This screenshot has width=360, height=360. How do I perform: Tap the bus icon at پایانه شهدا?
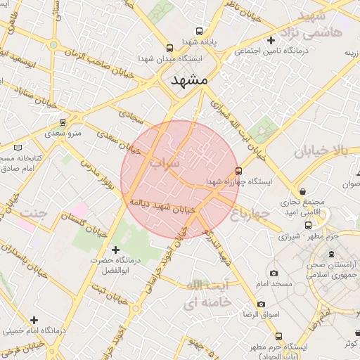(x=199, y=32)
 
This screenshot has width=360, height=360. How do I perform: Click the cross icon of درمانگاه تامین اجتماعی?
(x=271, y=41)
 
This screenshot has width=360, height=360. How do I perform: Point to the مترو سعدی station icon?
(x=63, y=122)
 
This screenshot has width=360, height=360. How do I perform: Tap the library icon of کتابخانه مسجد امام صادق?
(x=18, y=147)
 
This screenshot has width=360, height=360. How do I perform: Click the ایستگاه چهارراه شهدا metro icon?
(x=238, y=171)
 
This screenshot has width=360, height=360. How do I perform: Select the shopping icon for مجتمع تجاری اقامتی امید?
(x=302, y=191)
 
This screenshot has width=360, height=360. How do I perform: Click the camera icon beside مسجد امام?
(x=274, y=273)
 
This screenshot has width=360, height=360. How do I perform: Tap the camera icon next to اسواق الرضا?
(x=262, y=304)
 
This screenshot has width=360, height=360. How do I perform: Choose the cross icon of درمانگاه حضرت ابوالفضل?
(x=116, y=250)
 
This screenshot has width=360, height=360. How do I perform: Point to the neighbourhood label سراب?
(x=164, y=162)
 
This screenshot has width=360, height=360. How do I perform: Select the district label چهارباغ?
(x=250, y=212)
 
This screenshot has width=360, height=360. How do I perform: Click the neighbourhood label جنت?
(x=34, y=212)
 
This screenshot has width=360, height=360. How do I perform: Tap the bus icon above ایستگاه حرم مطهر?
(x=279, y=336)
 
